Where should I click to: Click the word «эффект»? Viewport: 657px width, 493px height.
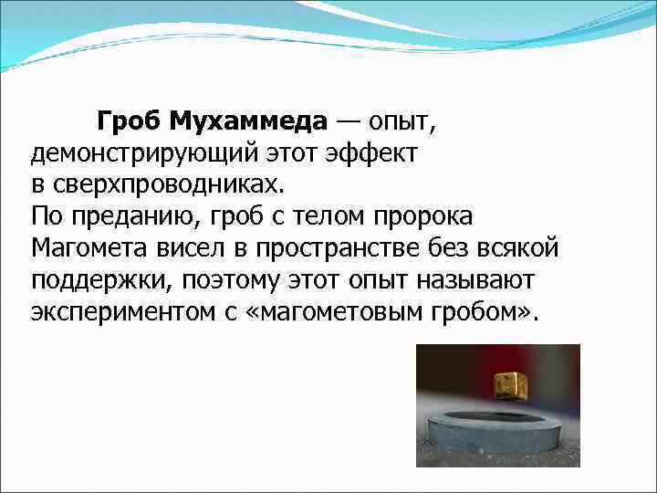[x=375, y=154]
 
